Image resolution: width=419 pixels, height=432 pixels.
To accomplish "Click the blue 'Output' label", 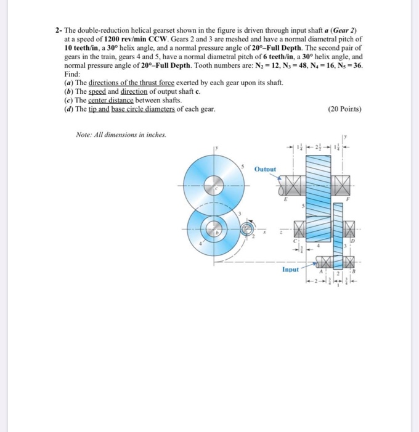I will coord(266,168).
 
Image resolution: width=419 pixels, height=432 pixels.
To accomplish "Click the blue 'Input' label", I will coord(290,269).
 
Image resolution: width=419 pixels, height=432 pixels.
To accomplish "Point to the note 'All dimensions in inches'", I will coord(113,135).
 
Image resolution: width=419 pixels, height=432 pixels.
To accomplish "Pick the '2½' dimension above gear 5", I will coord(318,147).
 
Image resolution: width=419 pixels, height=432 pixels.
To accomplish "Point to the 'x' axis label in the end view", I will coord(264,233).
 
